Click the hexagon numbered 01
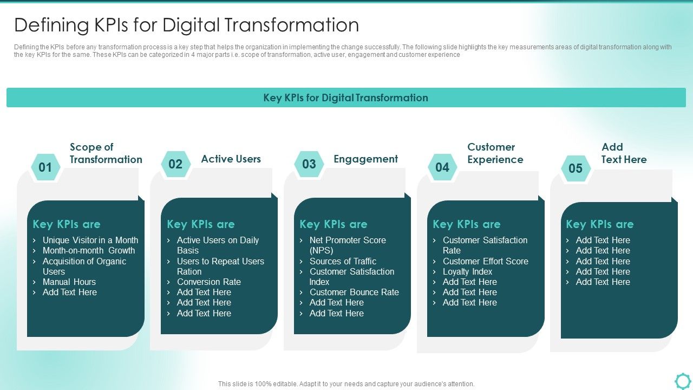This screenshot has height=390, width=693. point(45,167)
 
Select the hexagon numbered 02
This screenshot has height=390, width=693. point(175,164)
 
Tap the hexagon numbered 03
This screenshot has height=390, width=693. point(309,164)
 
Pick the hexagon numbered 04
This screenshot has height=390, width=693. point(442,167)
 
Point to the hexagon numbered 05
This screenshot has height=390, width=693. point(576,168)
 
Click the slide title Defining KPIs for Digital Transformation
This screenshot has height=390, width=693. point(186,25)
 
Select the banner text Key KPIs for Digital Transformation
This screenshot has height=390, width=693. point(345,98)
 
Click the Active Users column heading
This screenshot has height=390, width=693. point(231,159)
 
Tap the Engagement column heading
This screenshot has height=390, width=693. point(365,159)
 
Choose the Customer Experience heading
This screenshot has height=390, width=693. point(495,153)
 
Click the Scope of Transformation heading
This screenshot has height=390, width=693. point(106,153)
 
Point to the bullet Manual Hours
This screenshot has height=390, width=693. point(69,282)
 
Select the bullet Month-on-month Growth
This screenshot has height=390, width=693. point(89,250)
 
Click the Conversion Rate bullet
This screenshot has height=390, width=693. point(208,282)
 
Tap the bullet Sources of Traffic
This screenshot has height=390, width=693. point(343,261)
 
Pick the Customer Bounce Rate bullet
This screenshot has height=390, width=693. point(354,292)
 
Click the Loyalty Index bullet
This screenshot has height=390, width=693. point(467,271)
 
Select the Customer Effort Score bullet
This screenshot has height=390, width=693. point(485,261)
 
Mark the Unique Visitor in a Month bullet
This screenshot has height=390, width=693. point(90,240)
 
